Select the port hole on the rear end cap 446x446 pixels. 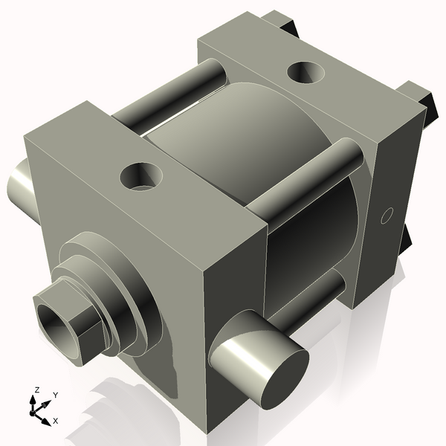(305, 73)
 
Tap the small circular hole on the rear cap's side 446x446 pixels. (385, 216)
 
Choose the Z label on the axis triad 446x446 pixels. (36, 390)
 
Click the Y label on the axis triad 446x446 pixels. (56, 395)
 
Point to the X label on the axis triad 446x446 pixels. (55, 421)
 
